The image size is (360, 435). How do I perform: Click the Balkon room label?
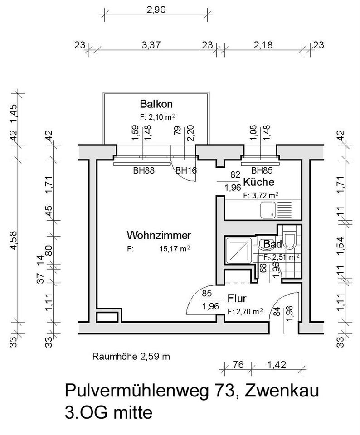pyautogui.click(x=156, y=103)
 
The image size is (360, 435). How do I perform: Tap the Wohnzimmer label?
pyautogui.click(x=159, y=235)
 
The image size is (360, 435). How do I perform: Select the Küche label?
pyautogui.click(x=258, y=183)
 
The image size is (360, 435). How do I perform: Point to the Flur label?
pyautogui.click(x=237, y=299)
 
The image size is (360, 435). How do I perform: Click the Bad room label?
pyautogui.click(x=273, y=245)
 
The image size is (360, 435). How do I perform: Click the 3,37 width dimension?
pyautogui.click(x=151, y=45)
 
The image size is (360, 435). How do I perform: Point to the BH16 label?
pyautogui.click(x=185, y=171)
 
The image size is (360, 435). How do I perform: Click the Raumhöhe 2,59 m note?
pyautogui.click(x=131, y=356)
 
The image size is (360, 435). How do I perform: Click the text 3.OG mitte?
pyautogui.click(x=109, y=413)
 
